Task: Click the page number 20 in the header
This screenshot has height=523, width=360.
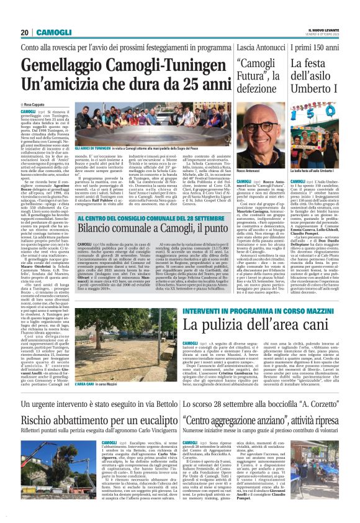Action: click(x=24, y=32)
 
